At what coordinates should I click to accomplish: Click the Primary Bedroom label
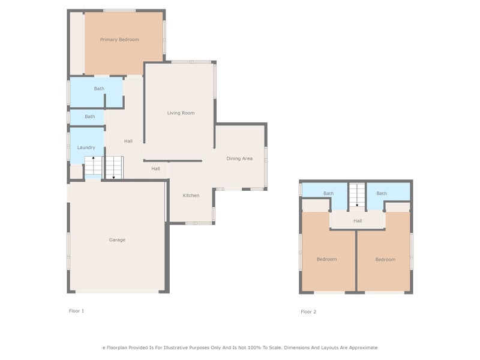pyautogui.click(x=119, y=40)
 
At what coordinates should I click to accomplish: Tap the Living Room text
pyautogui.click(x=181, y=113)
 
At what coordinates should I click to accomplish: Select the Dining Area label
pyautogui.click(x=239, y=158)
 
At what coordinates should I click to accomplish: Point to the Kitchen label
pyautogui.click(x=191, y=196)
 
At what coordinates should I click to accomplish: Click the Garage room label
pyautogui.click(x=117, y=240)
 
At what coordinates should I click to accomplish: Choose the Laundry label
pyautogui.click(x=86, y=148)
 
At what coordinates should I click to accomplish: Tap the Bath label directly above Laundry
pyautogui.click(x=89, y=116)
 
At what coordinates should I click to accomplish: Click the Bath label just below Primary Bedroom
pyautogui.click(x=99, y=89)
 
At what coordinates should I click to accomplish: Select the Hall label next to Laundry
pyautogui.click(x=128, y=142)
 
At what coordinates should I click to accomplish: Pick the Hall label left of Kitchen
pyautogui.click(x=155, y=169)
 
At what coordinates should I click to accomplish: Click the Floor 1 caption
pyautogui.click(x=77, y=311)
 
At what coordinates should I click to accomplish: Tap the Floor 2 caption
pyautogui.click(x=308, y=312)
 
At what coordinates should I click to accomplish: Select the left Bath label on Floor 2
pyautogui.click(x=328, y=193)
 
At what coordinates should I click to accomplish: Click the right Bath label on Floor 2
pyautogui.click(x=382, y=193)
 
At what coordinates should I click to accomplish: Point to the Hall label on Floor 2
pyautogui.click(x=358, y=221)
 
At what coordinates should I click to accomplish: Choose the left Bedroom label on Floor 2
pyautogui.click(x=327, y=259)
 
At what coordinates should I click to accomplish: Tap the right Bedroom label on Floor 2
pyautogui.click(x=385, y=259)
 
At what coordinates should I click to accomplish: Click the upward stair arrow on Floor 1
pyautogui.click(x=92, y=160)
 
